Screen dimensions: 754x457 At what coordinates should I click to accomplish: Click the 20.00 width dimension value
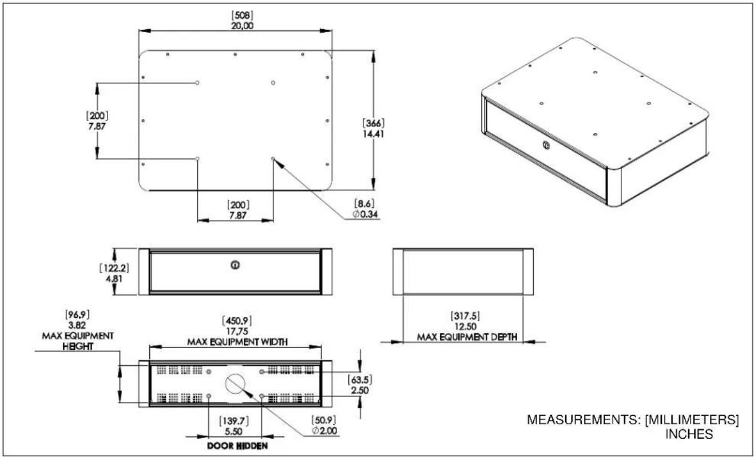point(243,26)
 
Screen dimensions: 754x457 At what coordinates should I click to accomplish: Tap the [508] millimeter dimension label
point(243,15)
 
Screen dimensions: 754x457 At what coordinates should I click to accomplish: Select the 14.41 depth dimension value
point(374,134)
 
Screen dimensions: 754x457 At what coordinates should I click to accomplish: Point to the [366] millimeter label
point(374,123)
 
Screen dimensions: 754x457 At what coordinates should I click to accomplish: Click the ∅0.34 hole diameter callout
point(365,214)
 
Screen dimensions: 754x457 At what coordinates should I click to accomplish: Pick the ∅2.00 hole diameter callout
point(324,431)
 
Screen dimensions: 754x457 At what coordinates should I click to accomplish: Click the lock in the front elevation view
point(235,265)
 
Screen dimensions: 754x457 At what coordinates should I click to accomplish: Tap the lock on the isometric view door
point(546,145)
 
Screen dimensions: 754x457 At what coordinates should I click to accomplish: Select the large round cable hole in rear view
point(235,384)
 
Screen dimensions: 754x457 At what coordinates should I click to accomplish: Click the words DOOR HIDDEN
point(237,446)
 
